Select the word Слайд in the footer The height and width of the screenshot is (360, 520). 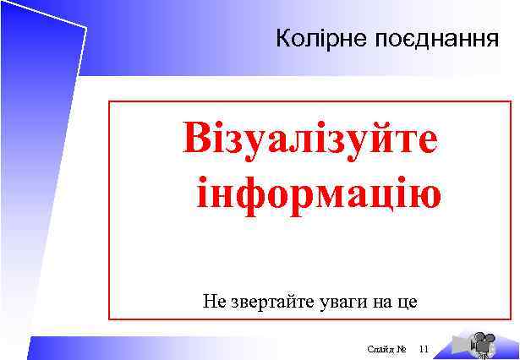click(x=380, y=348)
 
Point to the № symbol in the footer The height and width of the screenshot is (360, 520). click(x=402, y=348)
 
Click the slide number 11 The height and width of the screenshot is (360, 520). click(x=424, y=348)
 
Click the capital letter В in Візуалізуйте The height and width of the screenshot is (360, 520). click(x=199, y=139)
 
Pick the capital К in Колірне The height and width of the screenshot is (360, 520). click(x=282, y=39)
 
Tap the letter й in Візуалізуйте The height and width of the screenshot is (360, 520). click(x=386, y=139)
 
